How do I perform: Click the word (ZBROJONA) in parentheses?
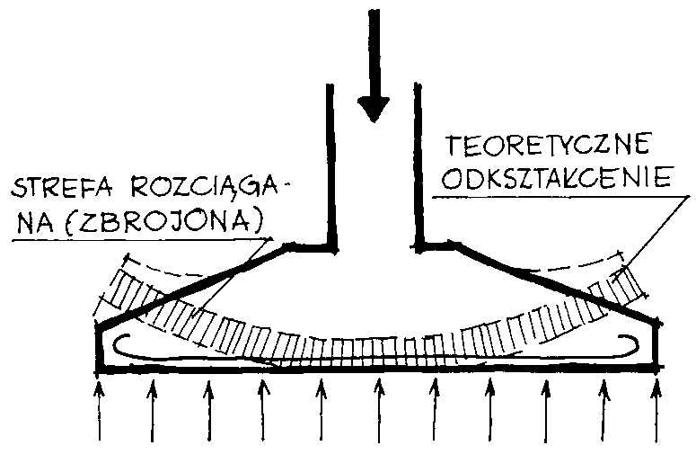pos(163,221)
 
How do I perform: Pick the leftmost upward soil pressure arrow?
pos(100,410)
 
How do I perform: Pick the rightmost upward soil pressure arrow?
pos(657,410)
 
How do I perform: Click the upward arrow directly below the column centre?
pos(379,410)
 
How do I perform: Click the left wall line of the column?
pos(330,166)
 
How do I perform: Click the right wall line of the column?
pos(418,165)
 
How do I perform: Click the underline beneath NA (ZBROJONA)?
pos(142,240)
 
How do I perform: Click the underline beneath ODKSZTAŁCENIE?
pos(560,197)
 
